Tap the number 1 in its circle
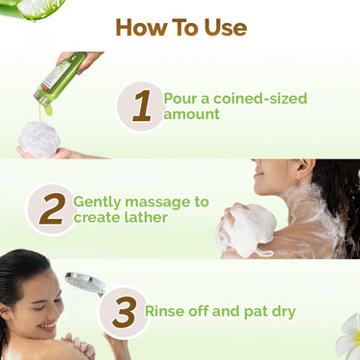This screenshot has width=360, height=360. (141, 107)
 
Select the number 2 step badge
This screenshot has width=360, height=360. (51, 209)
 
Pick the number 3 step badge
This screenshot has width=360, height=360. (123, 312)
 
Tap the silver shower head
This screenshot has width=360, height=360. (85, 284)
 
